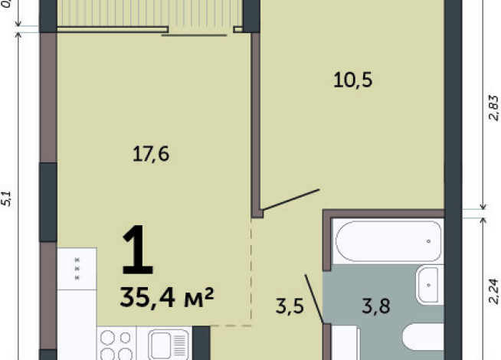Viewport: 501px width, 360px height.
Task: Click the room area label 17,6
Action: (x=150, y=154)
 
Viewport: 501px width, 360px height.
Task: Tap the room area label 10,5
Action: (x=352, y=80)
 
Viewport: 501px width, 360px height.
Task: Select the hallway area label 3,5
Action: (x=290, y=306)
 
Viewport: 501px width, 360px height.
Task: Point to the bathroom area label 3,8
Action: (x=376, y=306)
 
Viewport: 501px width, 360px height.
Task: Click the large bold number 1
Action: (x=138, y=250)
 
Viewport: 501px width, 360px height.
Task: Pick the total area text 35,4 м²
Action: (x=166, y=297)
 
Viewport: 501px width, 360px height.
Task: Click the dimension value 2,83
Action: (x=494, y=108)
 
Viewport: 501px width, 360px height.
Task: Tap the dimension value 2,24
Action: (x=494, y=291)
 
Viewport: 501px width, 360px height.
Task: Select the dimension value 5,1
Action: (x=7, y=198)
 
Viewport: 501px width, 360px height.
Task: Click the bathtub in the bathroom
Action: (x=388, y=241)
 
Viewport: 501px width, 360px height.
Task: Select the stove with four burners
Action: (x=116, y=343)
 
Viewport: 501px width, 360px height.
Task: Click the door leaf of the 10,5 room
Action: (x=291, y=200)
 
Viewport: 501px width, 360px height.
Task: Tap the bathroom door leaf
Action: (x=314, y=299)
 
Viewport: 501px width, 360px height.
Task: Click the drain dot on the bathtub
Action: (x=428, y=241)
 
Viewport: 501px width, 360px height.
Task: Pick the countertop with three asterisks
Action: (x=77, y=269)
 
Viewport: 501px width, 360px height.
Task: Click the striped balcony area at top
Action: (x=149, y=13)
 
